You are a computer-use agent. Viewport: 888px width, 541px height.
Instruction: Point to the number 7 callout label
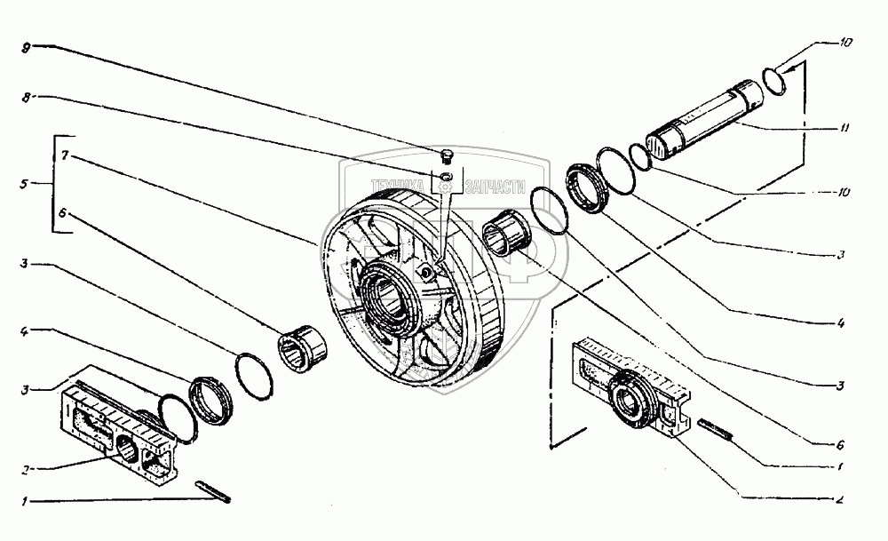(x=65, y=155)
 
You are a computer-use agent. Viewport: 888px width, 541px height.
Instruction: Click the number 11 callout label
(x=844, y=128)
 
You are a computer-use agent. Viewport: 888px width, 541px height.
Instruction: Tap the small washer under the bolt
(x=446, y=182)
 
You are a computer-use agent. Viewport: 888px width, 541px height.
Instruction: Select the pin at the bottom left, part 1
(x=213, y=489)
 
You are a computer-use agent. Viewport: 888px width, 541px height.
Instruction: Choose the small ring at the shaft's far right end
(x=773, y=80)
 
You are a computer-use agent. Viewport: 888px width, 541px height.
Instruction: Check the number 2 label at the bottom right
(x=840, y=499)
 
